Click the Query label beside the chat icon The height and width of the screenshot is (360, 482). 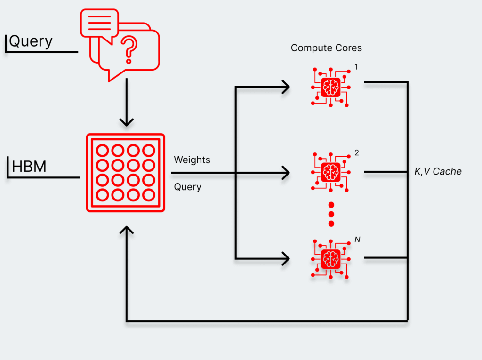31,41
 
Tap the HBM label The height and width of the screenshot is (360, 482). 29,167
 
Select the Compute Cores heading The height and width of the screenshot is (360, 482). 326,48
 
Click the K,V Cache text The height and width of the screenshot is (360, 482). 438,172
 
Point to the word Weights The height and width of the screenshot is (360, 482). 192,160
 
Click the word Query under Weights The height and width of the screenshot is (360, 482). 187,187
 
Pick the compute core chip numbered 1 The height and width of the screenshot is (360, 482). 331,87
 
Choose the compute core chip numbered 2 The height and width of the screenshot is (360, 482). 331,172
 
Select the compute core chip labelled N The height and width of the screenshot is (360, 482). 331,258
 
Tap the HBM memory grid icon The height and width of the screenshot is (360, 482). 126,173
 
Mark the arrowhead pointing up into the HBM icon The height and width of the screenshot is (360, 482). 126,231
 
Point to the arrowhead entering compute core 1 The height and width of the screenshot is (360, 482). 286,87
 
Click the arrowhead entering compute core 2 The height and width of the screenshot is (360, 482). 286,173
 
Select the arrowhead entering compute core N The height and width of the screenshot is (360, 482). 286,258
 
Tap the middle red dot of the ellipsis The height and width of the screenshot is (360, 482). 331,214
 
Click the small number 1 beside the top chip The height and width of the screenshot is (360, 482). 356,67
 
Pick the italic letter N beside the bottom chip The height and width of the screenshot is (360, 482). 357,240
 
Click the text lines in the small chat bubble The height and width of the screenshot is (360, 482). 99,23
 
